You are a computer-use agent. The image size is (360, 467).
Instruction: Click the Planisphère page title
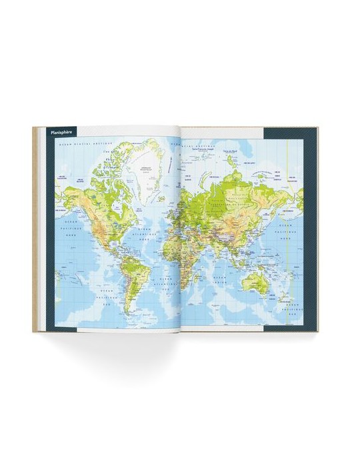tap(60, 131)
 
